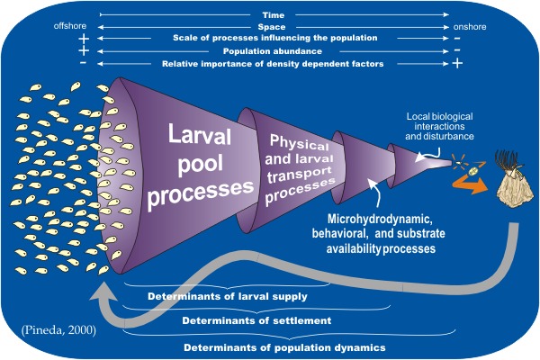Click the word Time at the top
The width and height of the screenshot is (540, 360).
point(273,15)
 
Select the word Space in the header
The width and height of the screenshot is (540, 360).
point(272,27)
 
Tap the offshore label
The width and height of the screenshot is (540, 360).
point(70,26)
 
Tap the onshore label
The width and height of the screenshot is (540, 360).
point(470,27)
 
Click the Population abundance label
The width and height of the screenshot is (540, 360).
point(273,51)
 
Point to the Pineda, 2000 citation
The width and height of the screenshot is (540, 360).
point(58,330)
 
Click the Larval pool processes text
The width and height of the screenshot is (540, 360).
point(201,166)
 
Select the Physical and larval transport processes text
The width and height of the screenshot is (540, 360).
point(300,168)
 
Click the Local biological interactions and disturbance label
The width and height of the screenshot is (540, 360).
point(439,126)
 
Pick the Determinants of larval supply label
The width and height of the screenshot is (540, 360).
point(228,296)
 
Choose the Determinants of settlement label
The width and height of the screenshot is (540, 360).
point(256,320)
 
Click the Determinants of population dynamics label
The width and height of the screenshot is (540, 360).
point(284,347)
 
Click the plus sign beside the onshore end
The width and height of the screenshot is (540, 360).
point(457,63)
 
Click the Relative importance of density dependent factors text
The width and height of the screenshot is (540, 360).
point(273,64)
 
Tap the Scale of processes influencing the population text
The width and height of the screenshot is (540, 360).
point(275,38)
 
